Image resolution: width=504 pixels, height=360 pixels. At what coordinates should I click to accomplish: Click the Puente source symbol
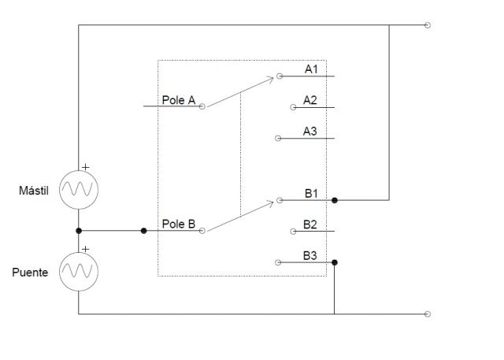(79, 272)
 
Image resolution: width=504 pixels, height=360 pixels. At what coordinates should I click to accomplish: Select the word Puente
(31, 273)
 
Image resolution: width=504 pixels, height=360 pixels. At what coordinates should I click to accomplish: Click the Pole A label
(179, 100)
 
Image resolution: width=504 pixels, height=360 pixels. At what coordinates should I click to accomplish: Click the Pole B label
(179, 224)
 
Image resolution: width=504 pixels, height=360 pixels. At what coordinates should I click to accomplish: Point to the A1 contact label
(311, 69)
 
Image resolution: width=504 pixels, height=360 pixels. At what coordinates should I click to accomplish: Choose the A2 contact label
(310, 100)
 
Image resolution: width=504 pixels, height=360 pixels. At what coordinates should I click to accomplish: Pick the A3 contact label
(310, 131)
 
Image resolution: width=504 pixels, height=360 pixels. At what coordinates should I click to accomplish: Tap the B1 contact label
(310, 193)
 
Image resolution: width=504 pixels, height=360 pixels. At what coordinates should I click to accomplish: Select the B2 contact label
(310, 225)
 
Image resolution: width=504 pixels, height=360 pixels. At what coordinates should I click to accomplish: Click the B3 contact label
(310, 255)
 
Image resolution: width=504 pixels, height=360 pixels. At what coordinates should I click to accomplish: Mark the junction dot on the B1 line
(335, 200)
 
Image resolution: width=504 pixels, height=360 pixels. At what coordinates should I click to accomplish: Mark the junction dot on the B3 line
(335, 262)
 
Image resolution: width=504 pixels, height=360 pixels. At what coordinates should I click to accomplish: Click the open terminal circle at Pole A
(202, 106)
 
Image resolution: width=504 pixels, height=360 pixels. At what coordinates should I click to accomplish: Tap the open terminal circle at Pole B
(202, 231)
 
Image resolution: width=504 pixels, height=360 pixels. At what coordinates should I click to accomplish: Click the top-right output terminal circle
(428, 25)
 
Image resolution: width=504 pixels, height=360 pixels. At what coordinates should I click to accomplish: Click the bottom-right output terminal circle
(428, 314)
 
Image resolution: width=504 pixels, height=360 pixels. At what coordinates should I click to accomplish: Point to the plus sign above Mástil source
(85, 167)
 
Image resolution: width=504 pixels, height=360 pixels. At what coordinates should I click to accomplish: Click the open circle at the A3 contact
(278, 138)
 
